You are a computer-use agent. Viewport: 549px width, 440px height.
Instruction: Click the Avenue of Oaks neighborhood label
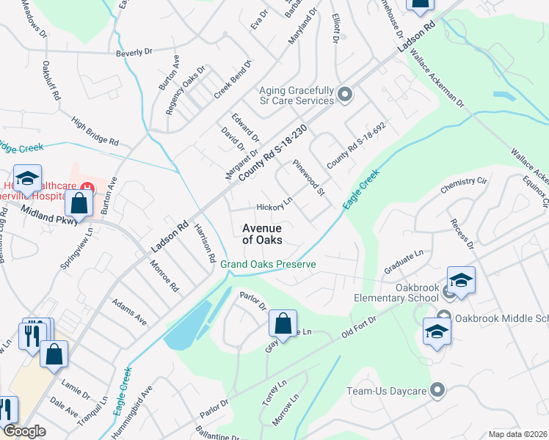262,233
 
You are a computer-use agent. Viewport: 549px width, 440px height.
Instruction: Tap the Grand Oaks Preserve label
269,264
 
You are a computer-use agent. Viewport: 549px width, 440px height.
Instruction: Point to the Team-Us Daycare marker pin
438,389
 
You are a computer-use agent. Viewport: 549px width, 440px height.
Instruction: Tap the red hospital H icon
88,188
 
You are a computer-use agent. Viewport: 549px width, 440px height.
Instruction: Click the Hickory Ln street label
275,204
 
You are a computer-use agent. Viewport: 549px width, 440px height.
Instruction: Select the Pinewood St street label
308,178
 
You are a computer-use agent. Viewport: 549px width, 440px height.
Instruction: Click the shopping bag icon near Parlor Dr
283,323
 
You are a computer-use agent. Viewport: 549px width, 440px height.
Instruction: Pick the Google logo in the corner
24,430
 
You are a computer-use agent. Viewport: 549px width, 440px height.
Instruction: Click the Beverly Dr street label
134,52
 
